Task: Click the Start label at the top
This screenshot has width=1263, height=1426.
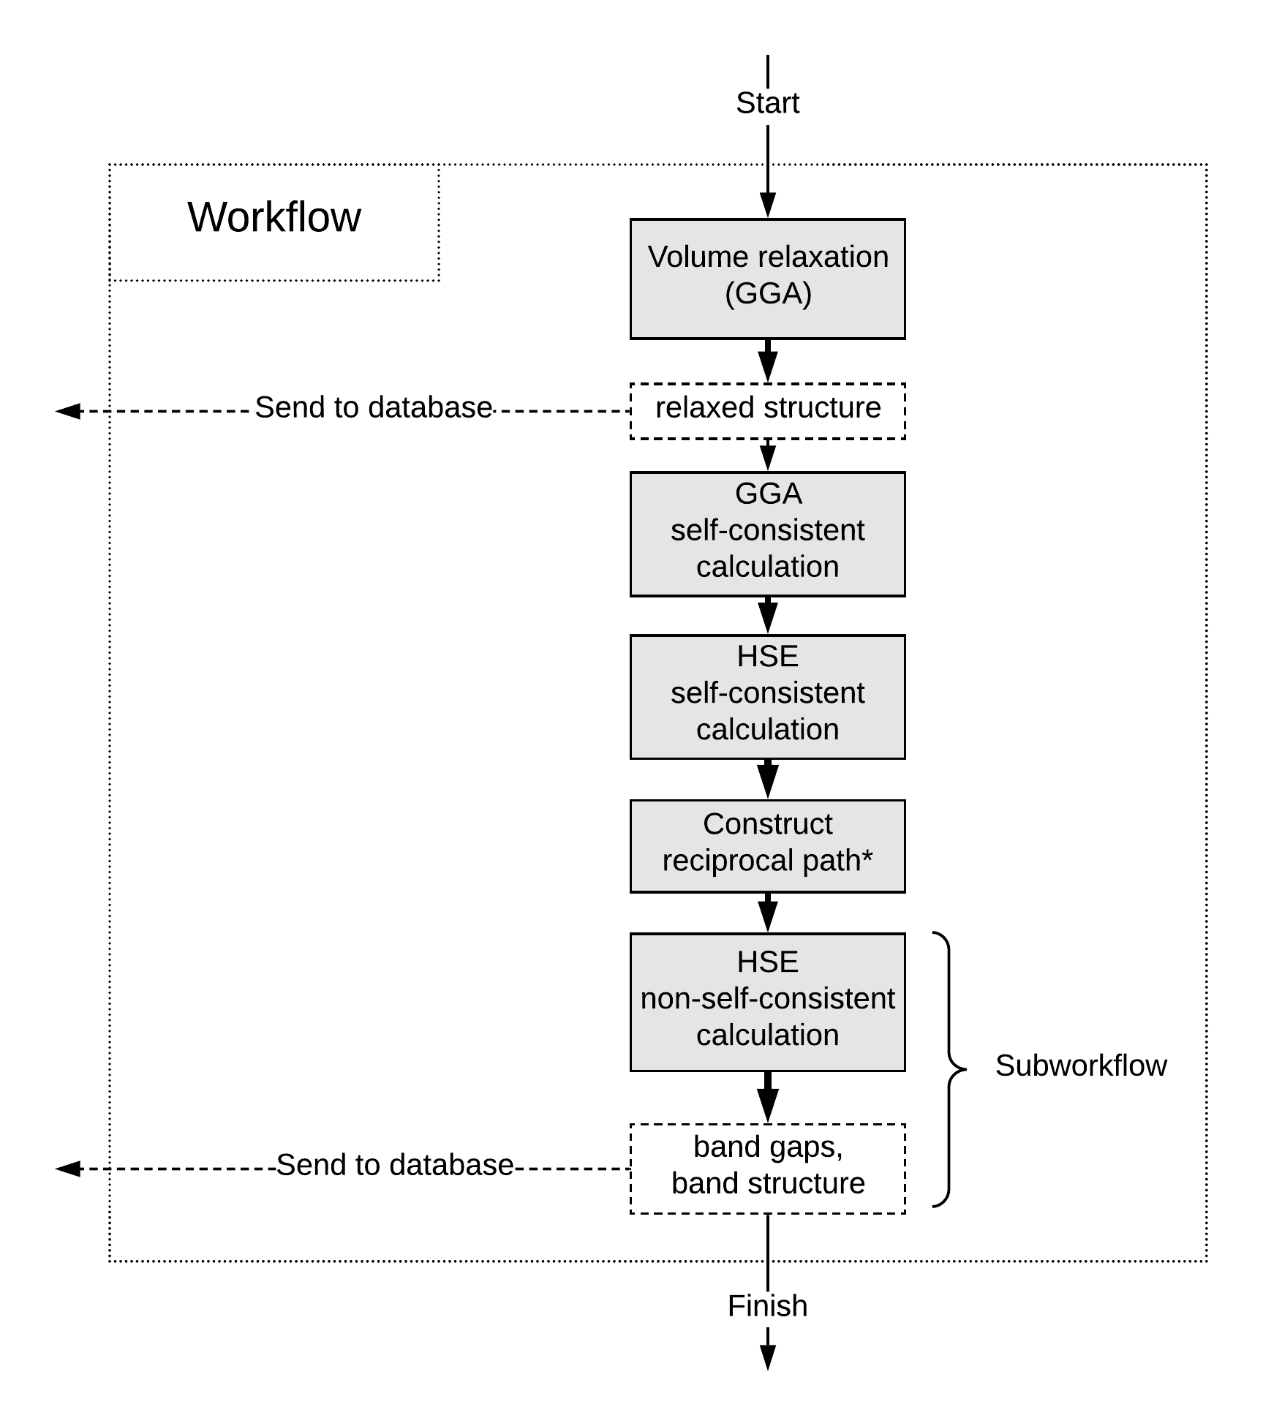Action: (x=767, y=103)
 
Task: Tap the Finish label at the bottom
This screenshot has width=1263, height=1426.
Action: (x=767, y=1305)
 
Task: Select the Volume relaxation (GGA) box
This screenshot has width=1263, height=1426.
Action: (x=768, y=279)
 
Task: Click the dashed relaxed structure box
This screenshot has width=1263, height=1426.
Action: (x=768, y=411)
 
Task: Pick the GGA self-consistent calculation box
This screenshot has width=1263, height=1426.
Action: (x=768, y=534)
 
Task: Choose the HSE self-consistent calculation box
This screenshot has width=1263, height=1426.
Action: (x=768, y=697)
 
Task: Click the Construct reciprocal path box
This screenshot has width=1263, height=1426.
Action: (x=768, y=846)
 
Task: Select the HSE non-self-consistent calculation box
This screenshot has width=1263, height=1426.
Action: (x=768, y=1002)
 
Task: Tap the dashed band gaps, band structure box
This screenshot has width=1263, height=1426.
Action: (x=768, y=1169)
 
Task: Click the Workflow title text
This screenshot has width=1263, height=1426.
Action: (x=274, y=217)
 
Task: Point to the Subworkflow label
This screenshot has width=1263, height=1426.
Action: (x=1081, y=1066)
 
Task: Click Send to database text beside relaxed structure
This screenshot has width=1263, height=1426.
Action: (x=373, y=407)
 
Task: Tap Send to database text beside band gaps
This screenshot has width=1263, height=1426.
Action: (x=395, y=1165)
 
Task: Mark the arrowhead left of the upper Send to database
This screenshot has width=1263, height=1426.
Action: (x=68, y=411)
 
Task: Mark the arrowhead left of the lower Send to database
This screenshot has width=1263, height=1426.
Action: (x=68, y=1169)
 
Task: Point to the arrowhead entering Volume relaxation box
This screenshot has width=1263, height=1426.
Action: (x=768, y=205)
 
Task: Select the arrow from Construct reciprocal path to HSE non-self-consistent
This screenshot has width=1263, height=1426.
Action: (x=768, y=913)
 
